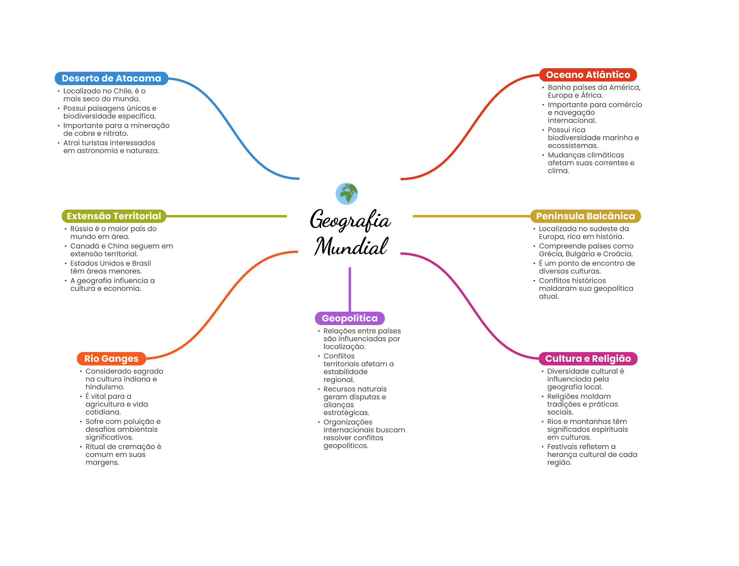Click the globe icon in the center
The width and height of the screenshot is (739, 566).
346,194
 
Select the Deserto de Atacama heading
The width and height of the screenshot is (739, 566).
111,78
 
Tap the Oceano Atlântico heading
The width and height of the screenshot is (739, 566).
588,75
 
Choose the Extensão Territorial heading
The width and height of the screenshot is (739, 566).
114,216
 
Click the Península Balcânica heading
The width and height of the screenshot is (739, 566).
585,216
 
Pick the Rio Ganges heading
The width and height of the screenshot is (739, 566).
111,359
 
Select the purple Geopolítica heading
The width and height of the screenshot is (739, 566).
350,318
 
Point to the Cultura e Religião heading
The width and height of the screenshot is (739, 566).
588,359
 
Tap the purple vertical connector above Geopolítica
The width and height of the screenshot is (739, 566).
350,289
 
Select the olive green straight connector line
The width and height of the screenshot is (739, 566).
227,216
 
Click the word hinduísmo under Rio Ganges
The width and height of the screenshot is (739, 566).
105,387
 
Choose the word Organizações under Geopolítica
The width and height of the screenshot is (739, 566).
348,422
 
